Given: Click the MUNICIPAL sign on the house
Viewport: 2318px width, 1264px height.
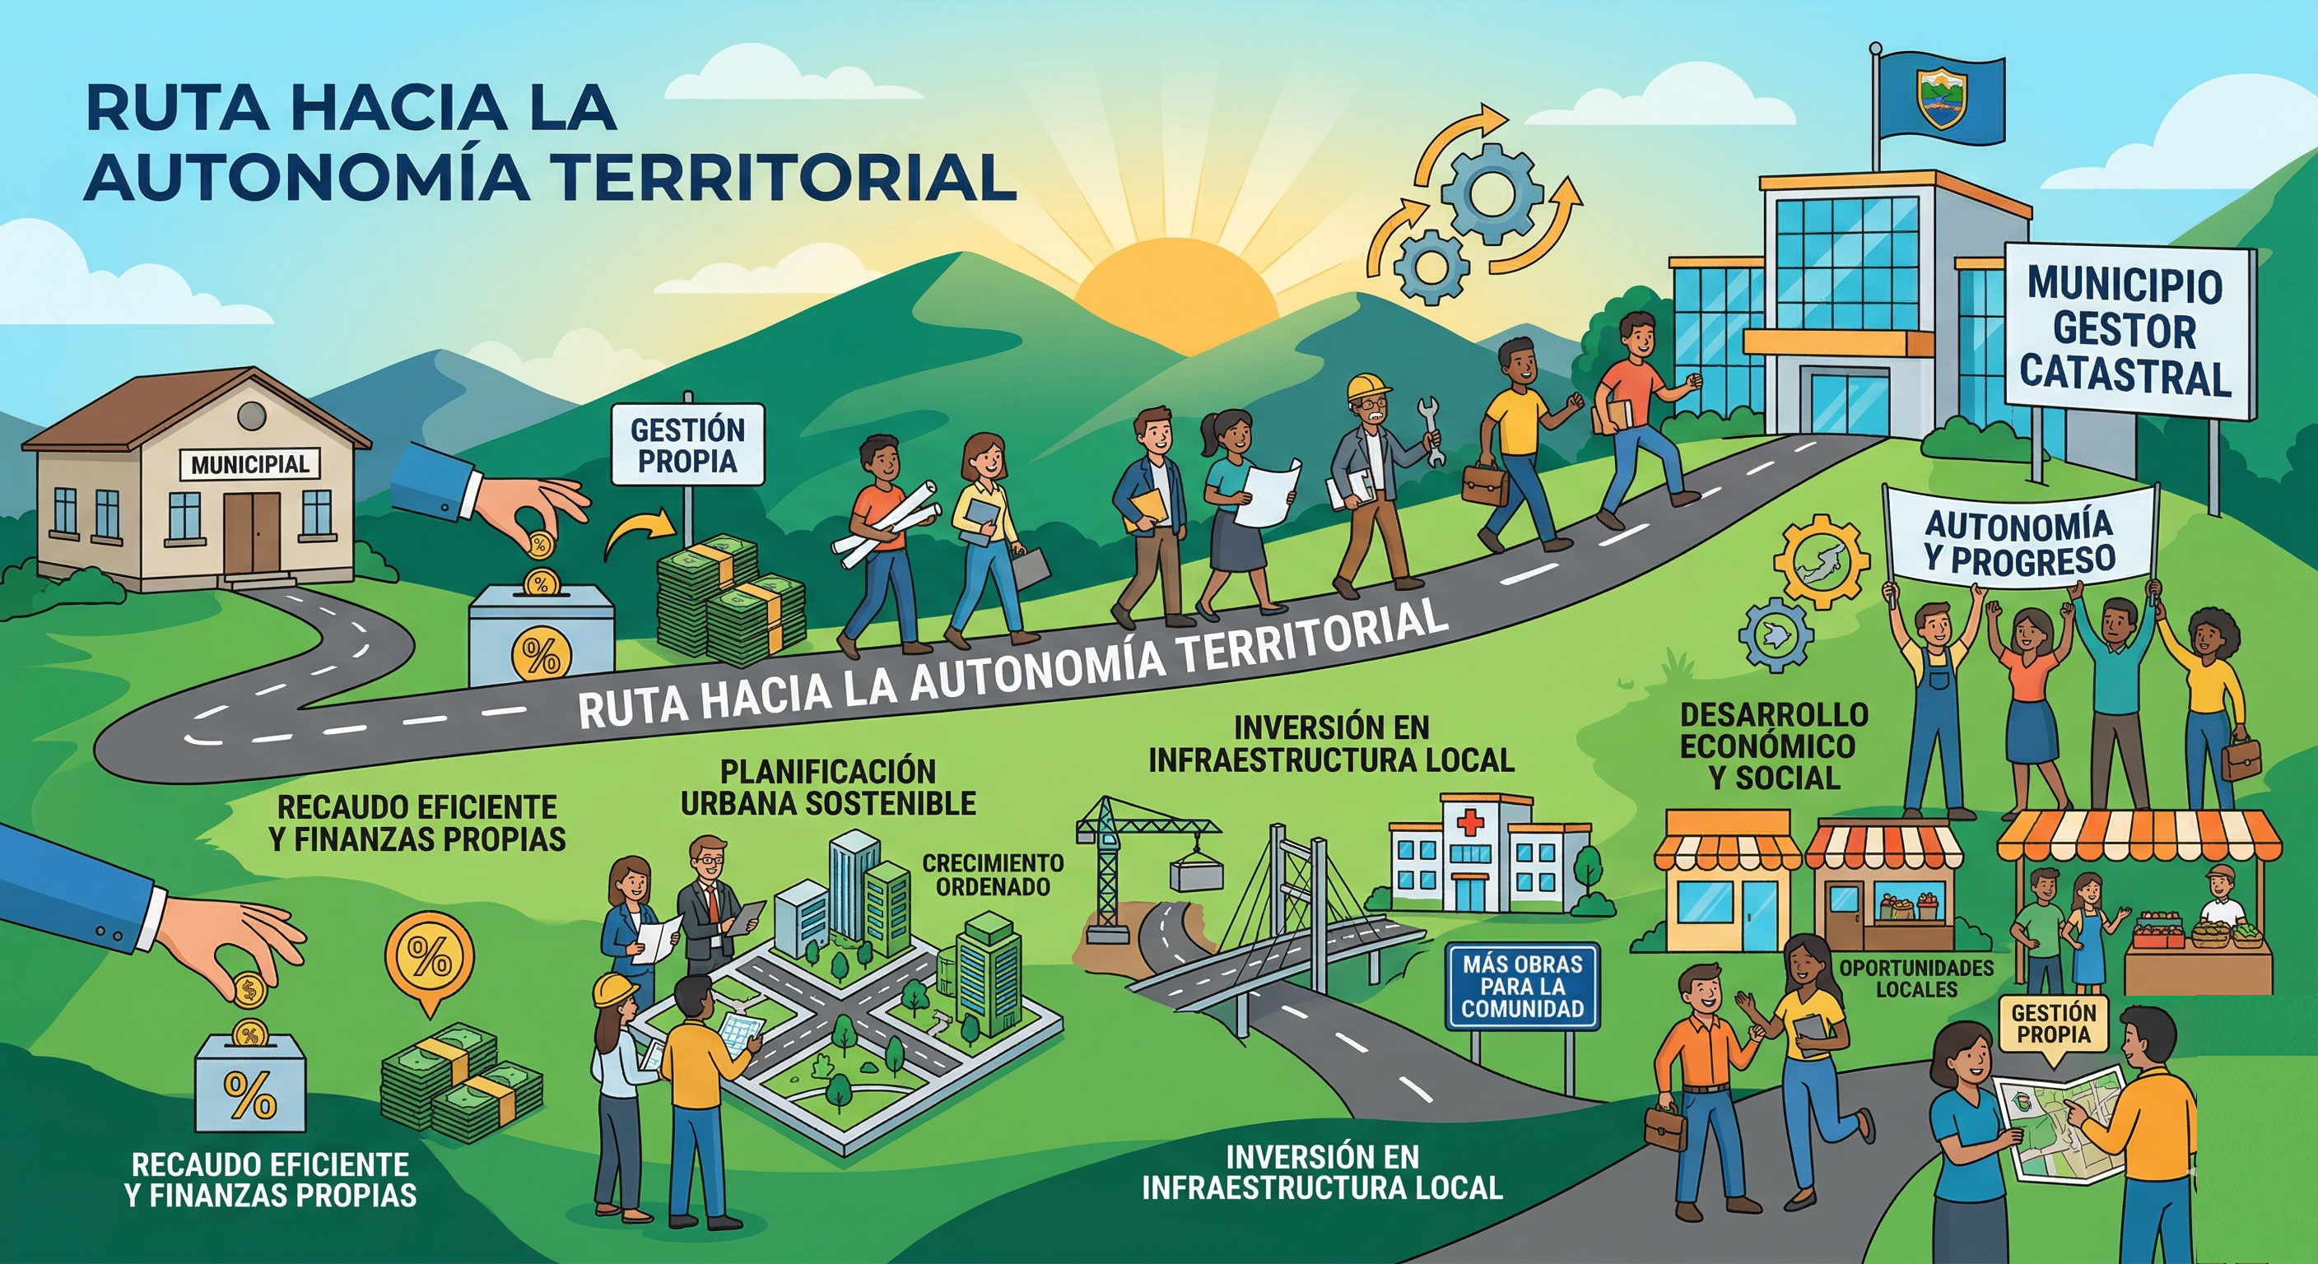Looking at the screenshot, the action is tap(249, 465).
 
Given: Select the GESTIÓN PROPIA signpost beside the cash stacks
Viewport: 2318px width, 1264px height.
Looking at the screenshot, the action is tap(687, 444).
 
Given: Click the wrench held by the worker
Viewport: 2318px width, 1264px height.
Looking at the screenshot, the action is tap(1430, 430).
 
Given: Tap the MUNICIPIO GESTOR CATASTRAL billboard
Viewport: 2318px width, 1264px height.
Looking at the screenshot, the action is tap(2128, 332).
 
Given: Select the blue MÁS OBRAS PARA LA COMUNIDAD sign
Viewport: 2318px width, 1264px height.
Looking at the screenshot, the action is tap(1522, 986).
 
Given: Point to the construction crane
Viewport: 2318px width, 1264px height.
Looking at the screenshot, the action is tap(1138, 864).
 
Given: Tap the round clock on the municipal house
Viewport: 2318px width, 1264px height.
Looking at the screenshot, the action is tap(252, 416).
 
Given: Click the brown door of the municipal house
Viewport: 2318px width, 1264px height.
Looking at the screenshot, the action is tap(253, 532).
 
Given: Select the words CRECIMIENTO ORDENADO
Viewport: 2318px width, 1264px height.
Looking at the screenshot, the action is tap(994, 875).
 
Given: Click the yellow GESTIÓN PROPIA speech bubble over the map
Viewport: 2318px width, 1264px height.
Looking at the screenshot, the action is tap(2054, 1025).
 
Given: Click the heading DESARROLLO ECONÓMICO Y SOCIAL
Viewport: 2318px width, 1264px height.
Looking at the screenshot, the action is tap(1774, 746).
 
